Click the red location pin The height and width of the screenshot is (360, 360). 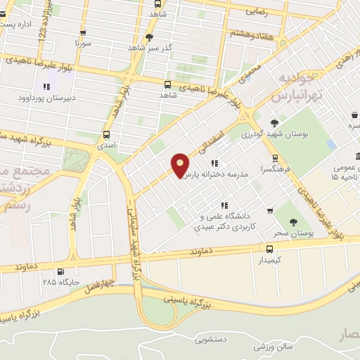tap(181, 165)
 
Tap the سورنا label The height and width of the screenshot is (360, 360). tap(84, 43)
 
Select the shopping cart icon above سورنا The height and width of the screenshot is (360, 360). tap(84, 32)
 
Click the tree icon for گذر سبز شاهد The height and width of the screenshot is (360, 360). tap(149, 37)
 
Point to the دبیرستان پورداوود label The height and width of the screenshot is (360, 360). tap(46, 98)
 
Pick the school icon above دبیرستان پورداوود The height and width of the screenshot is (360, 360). tap(46, 86)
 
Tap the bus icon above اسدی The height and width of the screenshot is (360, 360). tap(106, 134)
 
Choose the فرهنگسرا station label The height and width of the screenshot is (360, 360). tap(274, 169)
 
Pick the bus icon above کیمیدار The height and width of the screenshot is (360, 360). tap(270, 249)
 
